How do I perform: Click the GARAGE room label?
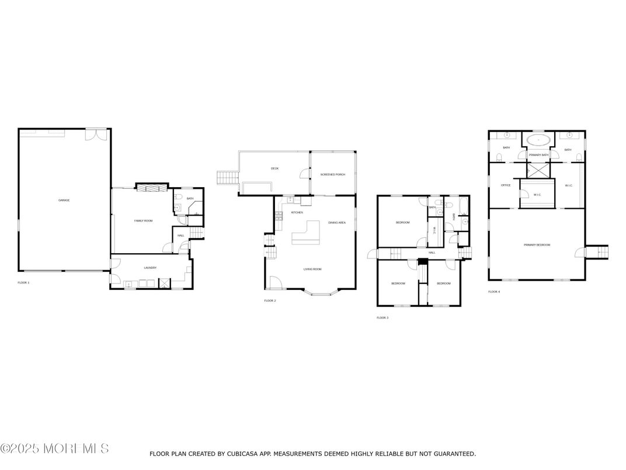[x=64, y=201]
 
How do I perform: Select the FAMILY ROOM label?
[x=143, y=220]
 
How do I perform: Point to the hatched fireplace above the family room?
[x=151, y=188]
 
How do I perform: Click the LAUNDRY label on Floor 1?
[x=150, y=268]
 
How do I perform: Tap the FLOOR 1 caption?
[x=23, y=282]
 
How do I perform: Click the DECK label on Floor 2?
[x=274, y=168]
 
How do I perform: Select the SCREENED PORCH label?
[x=332, y=175]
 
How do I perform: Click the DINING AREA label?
[x=337, y=223]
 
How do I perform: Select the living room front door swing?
[x=274, y=283]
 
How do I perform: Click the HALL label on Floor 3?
[x=432, y=253]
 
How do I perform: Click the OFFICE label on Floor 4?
[x=506, y=185]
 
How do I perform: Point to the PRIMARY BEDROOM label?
[x=537, y=245]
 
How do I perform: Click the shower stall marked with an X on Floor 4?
[x=537, y=170]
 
